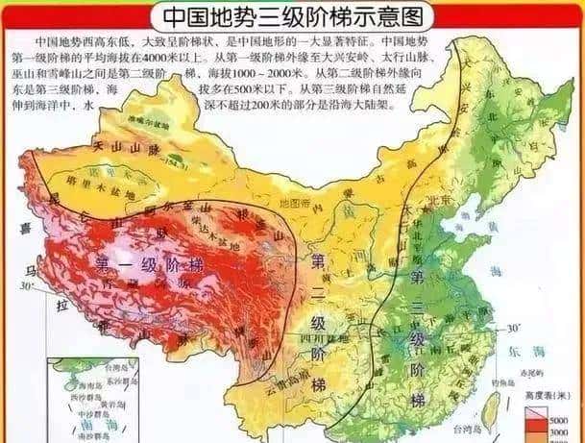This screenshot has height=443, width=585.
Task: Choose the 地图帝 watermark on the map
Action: [289, 203]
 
